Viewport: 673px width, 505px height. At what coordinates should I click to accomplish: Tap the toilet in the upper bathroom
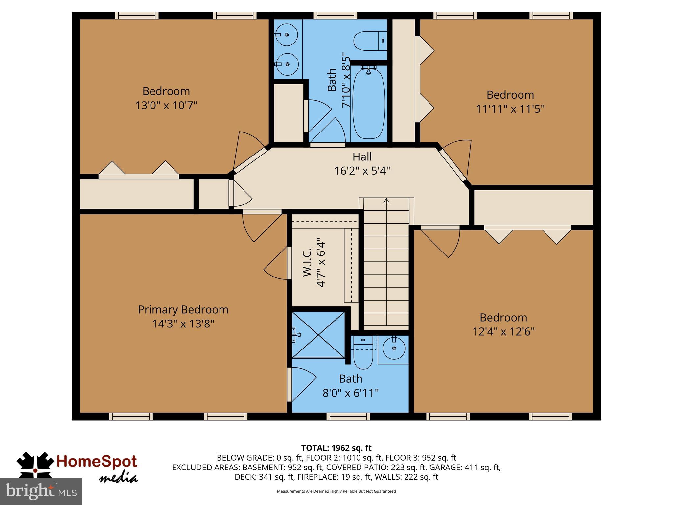(x=370, y=41)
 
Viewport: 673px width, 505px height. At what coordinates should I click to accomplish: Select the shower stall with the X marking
(x=318, y=334)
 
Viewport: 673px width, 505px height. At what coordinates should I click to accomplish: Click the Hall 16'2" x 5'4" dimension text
(x=362, y=171)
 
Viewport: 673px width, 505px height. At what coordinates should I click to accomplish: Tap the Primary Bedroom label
(x=183, y=309)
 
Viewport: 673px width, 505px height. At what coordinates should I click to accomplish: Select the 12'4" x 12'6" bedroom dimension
(x=503, y=331)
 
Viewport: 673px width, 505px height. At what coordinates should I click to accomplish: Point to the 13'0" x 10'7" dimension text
(x=166, y=106)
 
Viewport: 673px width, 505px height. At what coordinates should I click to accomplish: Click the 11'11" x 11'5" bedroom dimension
(x=510, y=109)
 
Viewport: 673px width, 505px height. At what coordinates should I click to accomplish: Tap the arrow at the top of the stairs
(x=386, y=200)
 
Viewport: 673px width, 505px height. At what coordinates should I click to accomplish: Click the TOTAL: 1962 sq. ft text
(x=336, y=448)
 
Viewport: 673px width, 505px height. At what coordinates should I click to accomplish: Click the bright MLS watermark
(x=41, y=491)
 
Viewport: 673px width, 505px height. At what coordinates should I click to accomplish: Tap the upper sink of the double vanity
(x=287, y=35)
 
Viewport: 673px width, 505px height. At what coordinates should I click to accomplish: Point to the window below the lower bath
(x=348, y=417)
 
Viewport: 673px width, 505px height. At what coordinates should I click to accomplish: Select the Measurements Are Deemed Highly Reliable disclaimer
(x=336, y=491)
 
